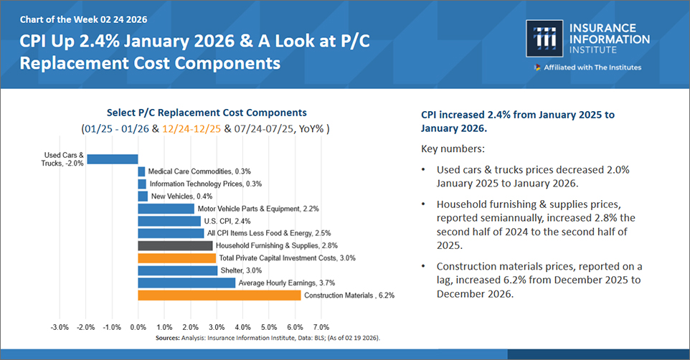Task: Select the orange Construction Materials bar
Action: point(219,295)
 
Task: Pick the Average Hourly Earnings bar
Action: point(186,283)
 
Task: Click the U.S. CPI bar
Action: point(169,221)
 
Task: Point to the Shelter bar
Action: point(177,270)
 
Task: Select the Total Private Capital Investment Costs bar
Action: point(176,258)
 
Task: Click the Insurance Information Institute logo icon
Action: point(539,38)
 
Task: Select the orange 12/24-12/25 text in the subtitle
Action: point(192,129)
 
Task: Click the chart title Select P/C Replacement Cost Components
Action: point(206,113)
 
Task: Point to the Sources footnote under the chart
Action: point(268,337)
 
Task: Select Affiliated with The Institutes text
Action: point(592,67)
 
